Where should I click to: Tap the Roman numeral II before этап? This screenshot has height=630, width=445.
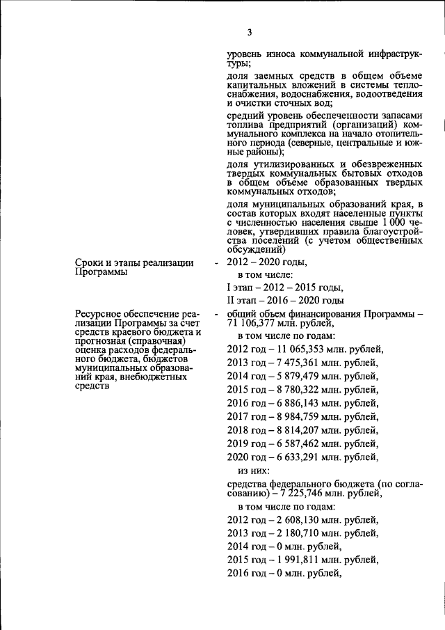[x=232, y=301]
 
